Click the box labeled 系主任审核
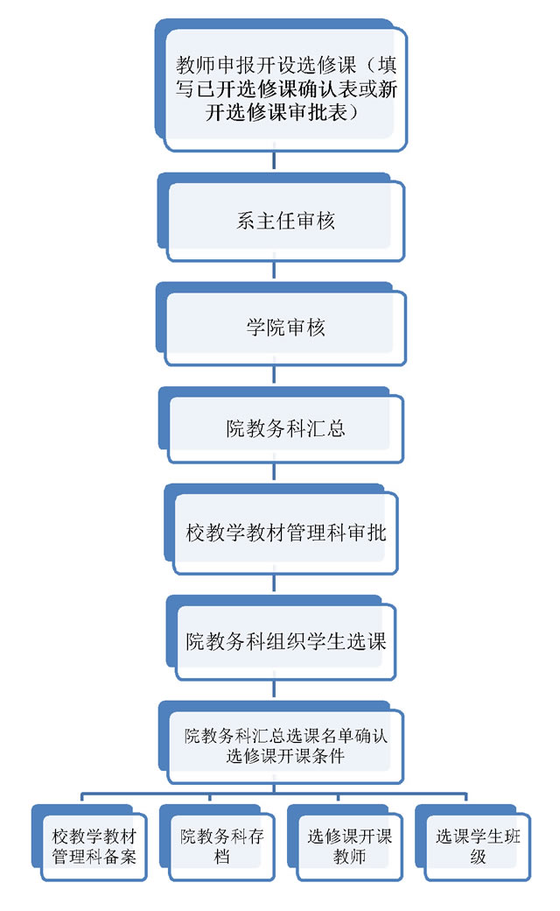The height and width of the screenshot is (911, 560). pyautogui.click(x=285, y=221)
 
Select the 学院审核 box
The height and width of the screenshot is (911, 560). pyautogui.click(x=285, y=328)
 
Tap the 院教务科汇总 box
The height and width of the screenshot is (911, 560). pyautogui.click(x=285, y=429)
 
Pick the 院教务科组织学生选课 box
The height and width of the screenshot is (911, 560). pyautogui.click(x=285, y=640)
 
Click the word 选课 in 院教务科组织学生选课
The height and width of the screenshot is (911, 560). pyautogui.click(x=367, y=640)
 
